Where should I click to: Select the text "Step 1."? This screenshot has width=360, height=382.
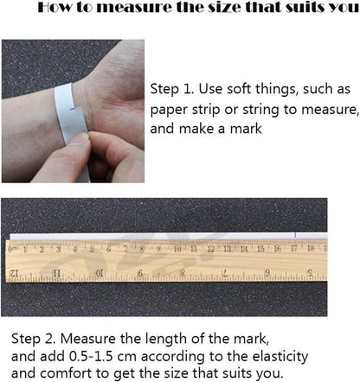(x=172, y=89)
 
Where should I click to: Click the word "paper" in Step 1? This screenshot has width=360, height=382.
(x=169, y=111)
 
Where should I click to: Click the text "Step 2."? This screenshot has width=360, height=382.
(x=33, y=339)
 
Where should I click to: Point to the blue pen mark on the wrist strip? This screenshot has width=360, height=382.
(x=73, y=109)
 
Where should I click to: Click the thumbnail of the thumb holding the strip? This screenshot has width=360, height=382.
(x=80, y=138)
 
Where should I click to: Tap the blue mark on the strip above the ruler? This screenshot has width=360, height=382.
(x=295, y=235)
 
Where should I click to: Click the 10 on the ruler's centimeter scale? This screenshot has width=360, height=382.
(x=177, y=249)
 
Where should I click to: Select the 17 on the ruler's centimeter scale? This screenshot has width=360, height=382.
(x=294, y=248)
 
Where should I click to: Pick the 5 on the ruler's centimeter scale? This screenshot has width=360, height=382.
(x=92, y=250)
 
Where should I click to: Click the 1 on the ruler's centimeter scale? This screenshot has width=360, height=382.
(x=25, y=250)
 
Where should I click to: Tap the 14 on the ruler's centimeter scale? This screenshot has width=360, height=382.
(x=244, y=249)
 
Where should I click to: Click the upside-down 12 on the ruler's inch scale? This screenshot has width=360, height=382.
(x=14, y=273)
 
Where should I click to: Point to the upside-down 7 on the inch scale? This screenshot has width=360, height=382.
(x=225, y=273)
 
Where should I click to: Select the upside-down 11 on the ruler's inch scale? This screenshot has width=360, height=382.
(x=56, y=273)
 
